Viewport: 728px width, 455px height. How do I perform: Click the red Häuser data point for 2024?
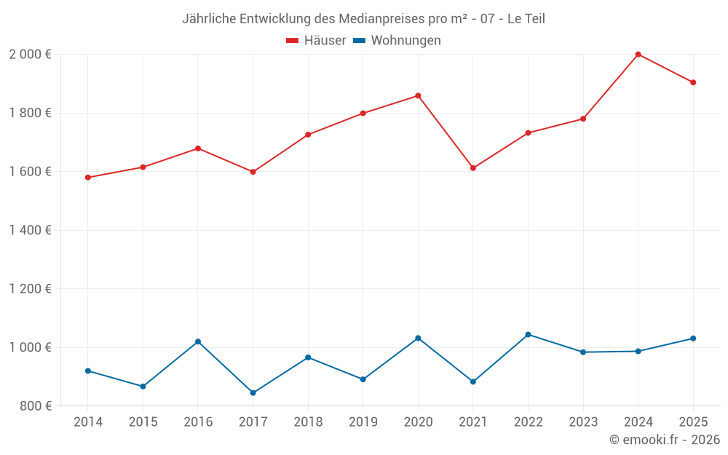point(638,55)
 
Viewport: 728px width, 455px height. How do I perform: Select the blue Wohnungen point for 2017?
point(253,393)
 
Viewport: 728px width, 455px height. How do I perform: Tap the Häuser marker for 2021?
point(473,168)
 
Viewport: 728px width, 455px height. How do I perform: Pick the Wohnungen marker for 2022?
point(528,335)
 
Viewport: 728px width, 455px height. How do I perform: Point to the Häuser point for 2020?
point(418,95)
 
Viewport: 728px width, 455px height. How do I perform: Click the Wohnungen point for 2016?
point(198,341)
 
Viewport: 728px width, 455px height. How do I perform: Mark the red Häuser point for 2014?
point(88,178)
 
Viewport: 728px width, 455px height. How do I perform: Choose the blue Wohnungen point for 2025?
point(693,339)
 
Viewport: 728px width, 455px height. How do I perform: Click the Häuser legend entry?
point(316,41)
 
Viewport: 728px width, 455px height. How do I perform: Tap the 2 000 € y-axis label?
point(30,55)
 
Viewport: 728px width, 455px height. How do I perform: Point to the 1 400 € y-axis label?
point(30,230)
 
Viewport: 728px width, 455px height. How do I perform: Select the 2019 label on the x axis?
point(363,422)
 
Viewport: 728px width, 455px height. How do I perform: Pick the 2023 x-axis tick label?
point(583,422)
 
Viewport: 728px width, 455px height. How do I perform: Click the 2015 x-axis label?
point(143,422)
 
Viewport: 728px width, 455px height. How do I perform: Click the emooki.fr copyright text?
point(664,440)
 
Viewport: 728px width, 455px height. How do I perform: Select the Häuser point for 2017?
point(253,172)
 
